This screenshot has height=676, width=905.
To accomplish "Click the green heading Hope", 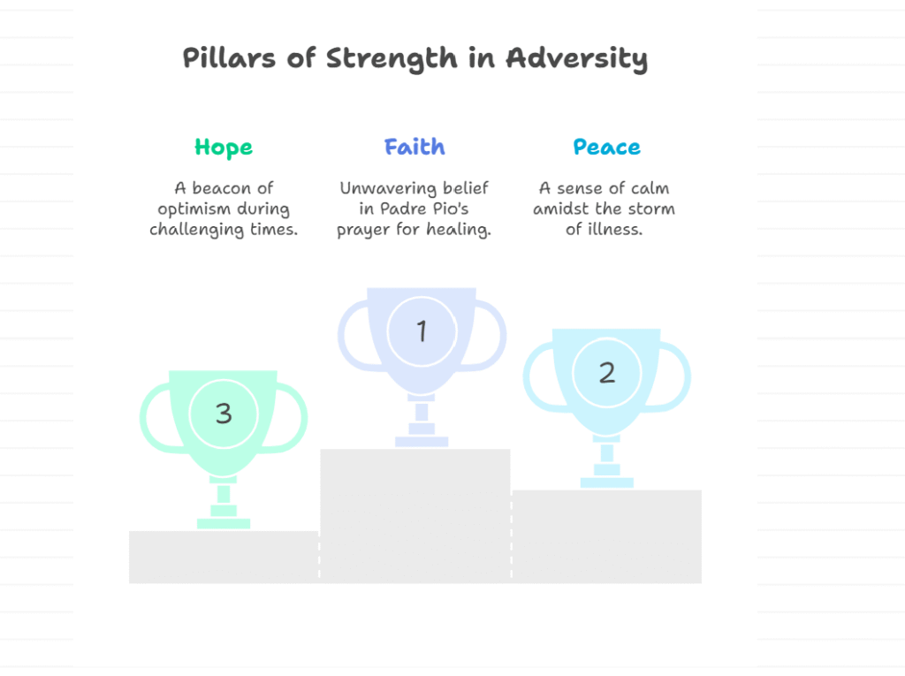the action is [224, 148].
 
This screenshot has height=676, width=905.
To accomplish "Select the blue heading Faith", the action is [414, 147].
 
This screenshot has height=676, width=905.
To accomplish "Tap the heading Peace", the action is [606, 147].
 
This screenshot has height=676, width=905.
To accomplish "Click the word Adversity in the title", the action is [576, 58].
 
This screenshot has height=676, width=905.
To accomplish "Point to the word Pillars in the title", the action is [229, 57].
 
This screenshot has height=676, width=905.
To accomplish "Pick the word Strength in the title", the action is [392, 58].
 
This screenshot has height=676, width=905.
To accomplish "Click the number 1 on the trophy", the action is [422, 331].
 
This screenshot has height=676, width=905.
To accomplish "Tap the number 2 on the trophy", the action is [606, 373].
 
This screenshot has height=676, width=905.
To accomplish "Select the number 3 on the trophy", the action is [224, 414].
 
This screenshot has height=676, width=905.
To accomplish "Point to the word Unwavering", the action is [388, 189].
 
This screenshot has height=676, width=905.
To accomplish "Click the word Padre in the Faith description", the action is [404, 209].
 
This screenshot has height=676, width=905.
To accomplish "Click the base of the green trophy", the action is [224, 524].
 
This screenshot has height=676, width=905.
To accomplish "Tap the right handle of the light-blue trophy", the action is [682, 378].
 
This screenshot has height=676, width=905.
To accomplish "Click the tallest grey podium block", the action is [415, 515].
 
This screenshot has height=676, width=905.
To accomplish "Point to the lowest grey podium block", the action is [224, 557].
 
